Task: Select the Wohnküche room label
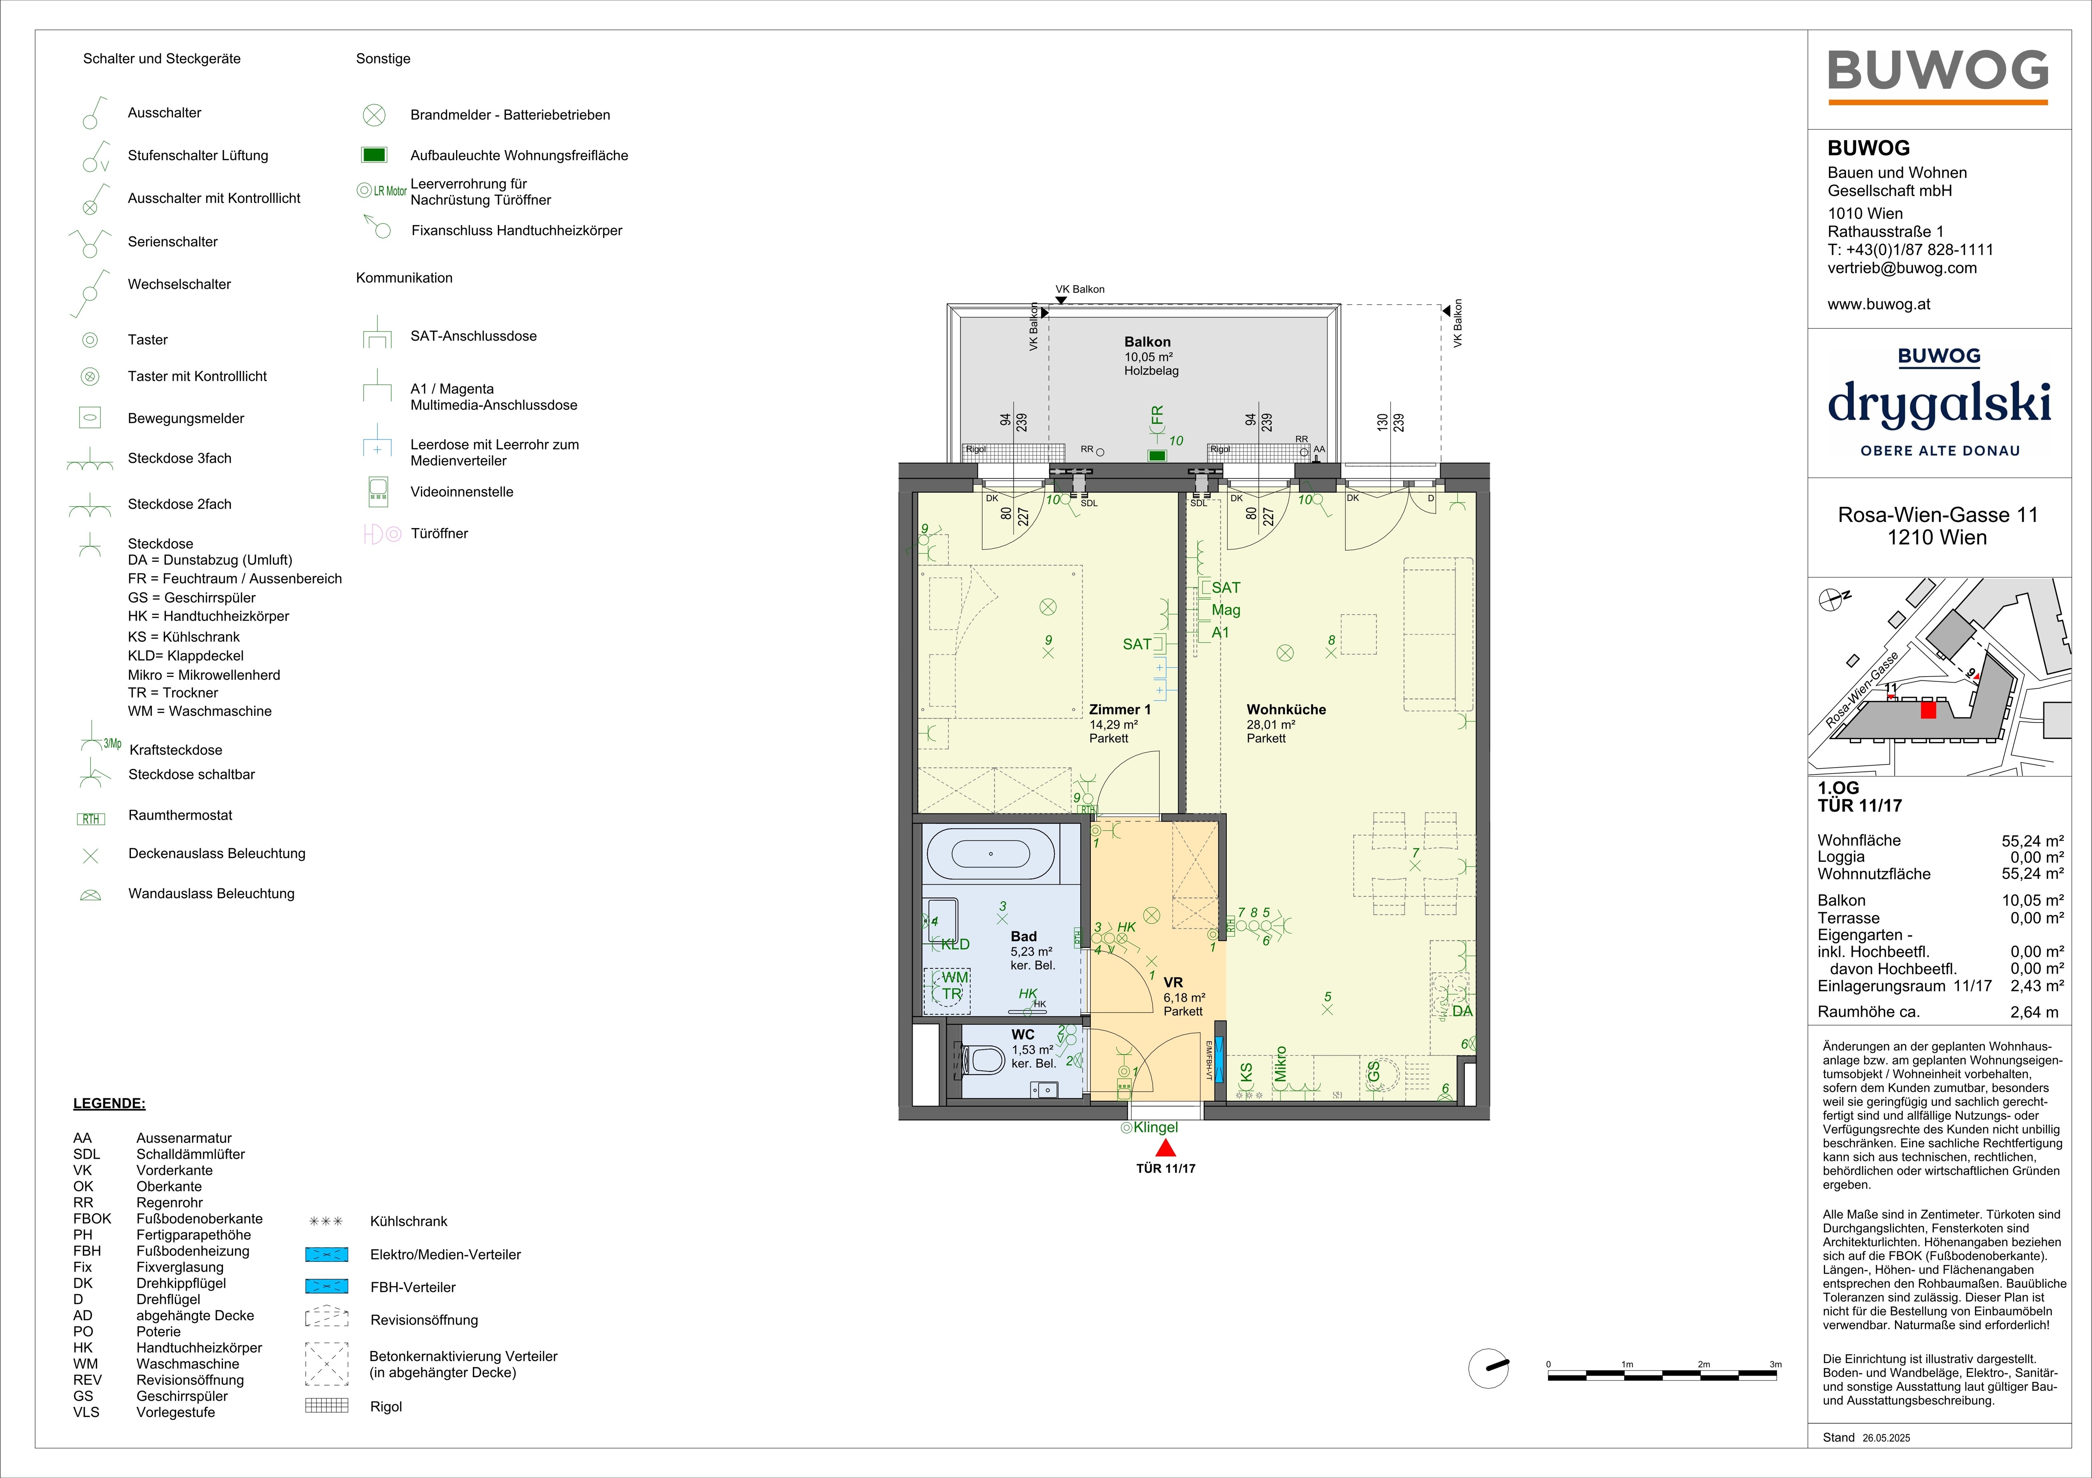point(1286,710)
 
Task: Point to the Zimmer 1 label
point(1120,710)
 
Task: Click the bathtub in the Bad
point(990,853)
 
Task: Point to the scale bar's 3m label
point(1775,1364)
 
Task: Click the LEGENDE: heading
point(109,1104)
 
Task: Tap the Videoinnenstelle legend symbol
point(377,492)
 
